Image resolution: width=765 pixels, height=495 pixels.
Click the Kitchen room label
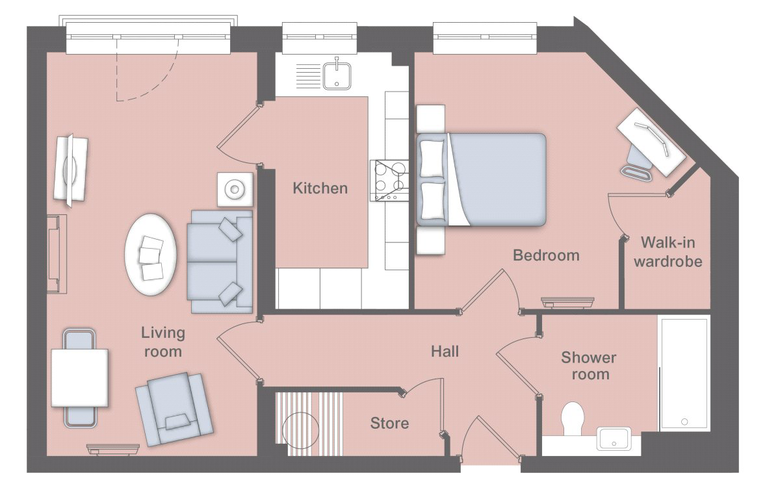(320, 188)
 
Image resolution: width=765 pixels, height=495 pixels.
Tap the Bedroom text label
(546, 255)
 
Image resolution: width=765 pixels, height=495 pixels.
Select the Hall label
(445, 351)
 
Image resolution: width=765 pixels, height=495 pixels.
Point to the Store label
(389, 423)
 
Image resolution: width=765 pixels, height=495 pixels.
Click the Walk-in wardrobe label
(668, 251)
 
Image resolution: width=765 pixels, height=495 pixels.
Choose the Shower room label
(589, 366)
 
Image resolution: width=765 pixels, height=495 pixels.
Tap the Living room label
(162, 342)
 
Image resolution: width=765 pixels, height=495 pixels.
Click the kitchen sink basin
(337, 75)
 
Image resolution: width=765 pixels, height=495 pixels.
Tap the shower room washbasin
(614, 438)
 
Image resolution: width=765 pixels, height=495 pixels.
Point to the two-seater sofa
(220, 261)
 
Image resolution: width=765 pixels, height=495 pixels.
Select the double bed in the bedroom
(481, 179)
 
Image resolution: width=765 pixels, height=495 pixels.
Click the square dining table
(79, 377)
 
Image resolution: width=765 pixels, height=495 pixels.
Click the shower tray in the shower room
(684, 374)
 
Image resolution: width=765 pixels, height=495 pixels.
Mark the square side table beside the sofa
(235, 189)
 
